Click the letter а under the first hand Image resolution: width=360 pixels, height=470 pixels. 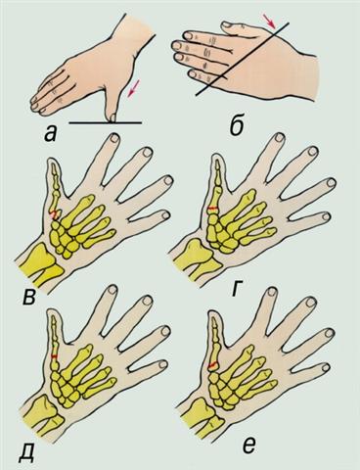pyautogui.click(x=51, y=134)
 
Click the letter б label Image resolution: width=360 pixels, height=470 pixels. pyautogui.click(x=237, y=125)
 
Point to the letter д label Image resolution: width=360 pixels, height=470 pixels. pyautogui.click(x=26, y=451)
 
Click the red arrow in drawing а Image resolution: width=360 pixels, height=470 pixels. pyautogui.click(x=132, y=89)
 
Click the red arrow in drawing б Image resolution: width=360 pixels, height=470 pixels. pyautogui.click(x=271, y=21)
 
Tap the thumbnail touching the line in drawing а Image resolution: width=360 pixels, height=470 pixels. pyautogui.click(x=112, y=117)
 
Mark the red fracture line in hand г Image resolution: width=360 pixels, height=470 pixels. pyautogui.click(x=212, y=208)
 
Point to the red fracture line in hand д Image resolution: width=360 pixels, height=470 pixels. pyautogui.click(x=55, y=356)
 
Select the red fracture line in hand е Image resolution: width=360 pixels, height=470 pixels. pyautogui.click(x=212, y=364)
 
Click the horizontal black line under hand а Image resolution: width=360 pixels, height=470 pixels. pyautogui.click(x=106, y=123)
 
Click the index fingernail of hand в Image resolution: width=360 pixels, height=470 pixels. pyautogui.click(x=114, y=138)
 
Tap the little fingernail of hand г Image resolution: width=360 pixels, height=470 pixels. pyautogui.click(x=327, y=216)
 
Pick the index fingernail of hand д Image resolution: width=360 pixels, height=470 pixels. pyautogui.click(x=112, y=290)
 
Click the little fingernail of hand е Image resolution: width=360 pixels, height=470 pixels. pyautogui.click(x=327, y=367)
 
